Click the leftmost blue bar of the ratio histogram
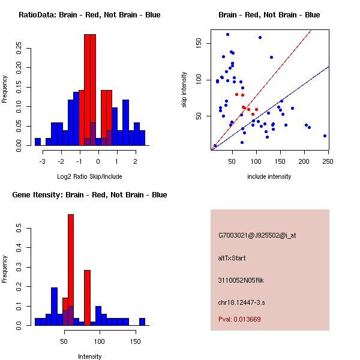click(38, 142)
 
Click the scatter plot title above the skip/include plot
click(269, 15)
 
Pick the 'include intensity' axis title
click(269, 176)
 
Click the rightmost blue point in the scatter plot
click(325, 136)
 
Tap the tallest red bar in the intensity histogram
click(71, 270)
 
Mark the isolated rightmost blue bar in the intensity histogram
click(142, 322)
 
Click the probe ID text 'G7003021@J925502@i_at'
click(257, 235)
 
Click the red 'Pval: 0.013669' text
click(239, 319)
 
